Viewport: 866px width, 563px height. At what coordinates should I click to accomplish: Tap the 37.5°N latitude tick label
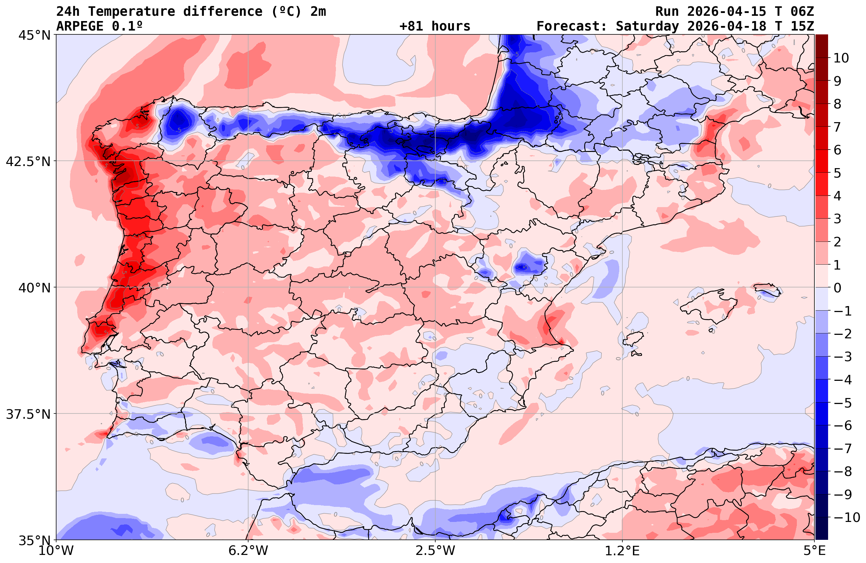click(28, 415)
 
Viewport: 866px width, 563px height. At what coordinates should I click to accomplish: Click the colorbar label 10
click(841, 58)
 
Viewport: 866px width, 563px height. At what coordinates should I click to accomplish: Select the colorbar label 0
click(837, 288)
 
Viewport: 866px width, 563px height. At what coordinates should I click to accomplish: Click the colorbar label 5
click(837, 173)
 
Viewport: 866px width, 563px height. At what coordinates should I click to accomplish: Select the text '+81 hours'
click(435, 26)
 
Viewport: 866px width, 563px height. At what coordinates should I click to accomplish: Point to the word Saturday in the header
click(647, 26)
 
